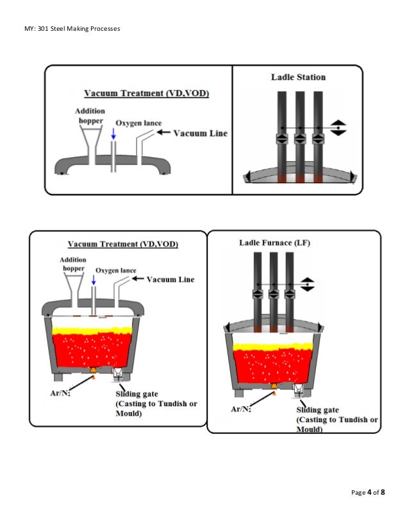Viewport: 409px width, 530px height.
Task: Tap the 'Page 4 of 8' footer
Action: click(x=369, y=492)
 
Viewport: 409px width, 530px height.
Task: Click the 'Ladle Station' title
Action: click(x=298, y=78)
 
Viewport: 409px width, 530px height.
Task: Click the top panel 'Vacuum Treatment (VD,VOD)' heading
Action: click(x=145, y=94)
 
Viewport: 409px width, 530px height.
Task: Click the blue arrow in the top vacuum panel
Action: click(x=113, y=133)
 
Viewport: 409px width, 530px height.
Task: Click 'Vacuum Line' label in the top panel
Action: click(x=199, y=133)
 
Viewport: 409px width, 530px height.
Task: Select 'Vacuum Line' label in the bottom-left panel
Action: click(x=171, y=280)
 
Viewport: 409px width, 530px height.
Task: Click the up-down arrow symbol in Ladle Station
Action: click(x=338, y=127)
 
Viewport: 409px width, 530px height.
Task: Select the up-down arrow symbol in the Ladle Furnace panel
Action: click(x=308, y=282)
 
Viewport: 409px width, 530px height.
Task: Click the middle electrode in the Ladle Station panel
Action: click(x=299, y=135)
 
